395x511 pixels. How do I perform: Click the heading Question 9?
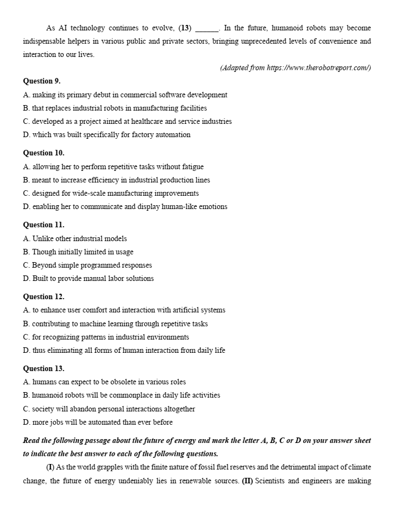41,81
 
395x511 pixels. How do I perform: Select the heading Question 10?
43,153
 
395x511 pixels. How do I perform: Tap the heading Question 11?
43,225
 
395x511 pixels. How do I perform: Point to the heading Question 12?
43,296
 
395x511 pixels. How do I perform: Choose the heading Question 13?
43,368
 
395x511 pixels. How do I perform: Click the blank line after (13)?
207,28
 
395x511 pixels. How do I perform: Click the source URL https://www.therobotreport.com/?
318,68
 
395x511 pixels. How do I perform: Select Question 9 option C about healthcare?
127,121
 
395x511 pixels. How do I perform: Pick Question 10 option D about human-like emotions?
125,206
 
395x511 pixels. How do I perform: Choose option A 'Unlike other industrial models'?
75,238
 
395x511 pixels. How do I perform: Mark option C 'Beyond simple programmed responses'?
87,265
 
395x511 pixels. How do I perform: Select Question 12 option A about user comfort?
124,310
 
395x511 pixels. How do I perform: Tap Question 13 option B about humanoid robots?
122,395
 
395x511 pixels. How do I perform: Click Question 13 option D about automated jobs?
98,422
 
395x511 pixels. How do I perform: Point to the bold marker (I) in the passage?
50,467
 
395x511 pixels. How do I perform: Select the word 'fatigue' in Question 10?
191,166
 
